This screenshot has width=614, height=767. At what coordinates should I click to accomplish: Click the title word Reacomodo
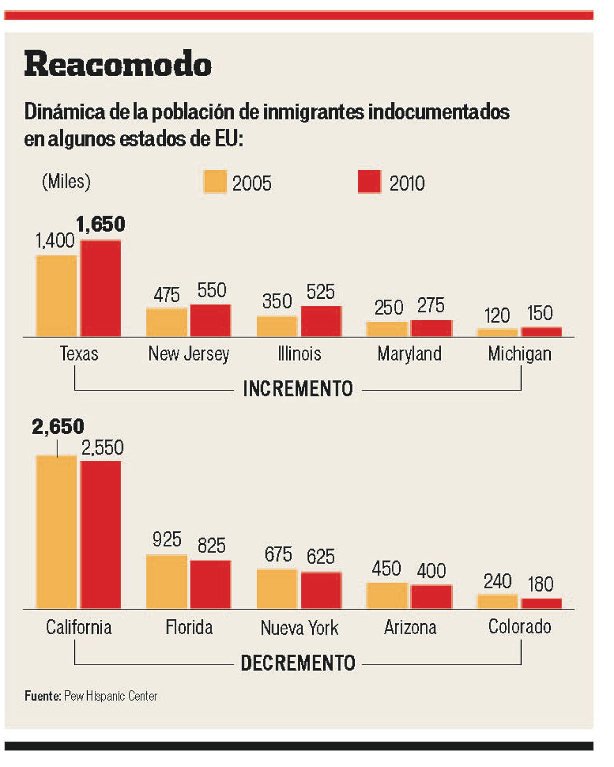click(118, 64)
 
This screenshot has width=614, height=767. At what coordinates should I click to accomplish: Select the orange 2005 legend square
click(215, 182)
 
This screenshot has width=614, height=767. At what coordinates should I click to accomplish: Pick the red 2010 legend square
click(369, 182)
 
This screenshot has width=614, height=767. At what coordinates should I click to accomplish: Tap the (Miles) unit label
click(66, 182)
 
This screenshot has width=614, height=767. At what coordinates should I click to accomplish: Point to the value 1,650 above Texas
click(101, 224)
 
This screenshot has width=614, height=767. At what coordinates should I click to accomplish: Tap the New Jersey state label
click(189, 354)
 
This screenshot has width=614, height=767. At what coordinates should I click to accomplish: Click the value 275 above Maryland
click(431, 305)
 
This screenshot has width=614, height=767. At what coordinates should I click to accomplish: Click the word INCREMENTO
click(298, 388)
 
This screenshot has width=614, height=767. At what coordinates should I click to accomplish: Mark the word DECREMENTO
click(298, 663)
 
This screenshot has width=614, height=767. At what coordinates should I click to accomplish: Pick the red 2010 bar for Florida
click(211, 586)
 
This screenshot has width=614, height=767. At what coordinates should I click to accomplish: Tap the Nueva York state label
click(299, 628)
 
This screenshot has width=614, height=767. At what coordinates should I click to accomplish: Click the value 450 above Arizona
click(386, 569)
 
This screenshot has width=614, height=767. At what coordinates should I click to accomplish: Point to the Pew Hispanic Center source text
click(110, 696)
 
